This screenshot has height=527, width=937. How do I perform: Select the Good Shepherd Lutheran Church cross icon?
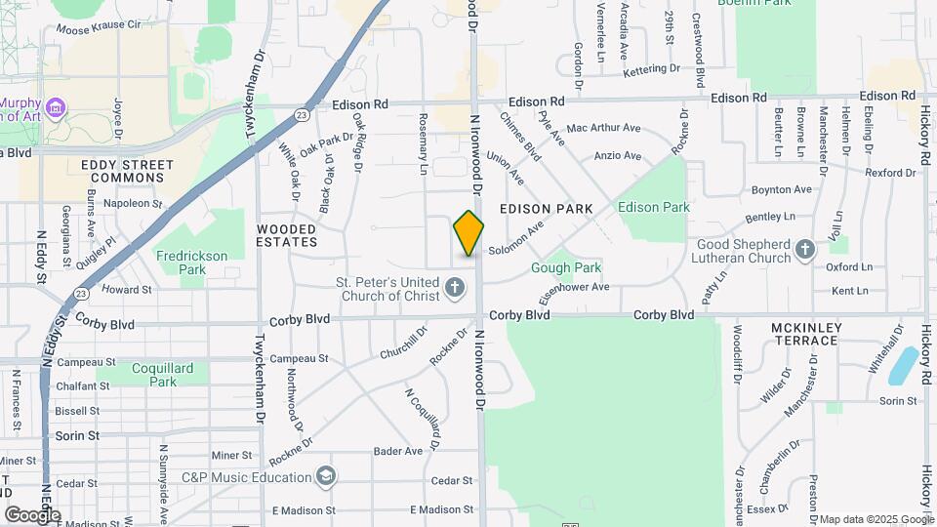click(805, 250)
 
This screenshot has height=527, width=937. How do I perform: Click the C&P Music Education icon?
click(326, 477)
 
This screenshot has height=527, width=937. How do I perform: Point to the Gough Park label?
click(566, 267)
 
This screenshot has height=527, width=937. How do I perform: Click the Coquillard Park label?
click(150, 375)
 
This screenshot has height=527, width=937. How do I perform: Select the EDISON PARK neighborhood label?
click(546, 209)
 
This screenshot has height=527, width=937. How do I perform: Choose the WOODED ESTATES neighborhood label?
click(287, 234)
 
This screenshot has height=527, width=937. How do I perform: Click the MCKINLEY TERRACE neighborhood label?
click(805, 333)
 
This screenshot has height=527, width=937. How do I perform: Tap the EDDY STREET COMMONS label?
click(127, 171)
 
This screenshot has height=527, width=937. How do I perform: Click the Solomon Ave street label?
click(515, 241)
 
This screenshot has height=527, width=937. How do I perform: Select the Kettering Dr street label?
click(651, 69)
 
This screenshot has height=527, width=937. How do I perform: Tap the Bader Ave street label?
click(398, 451)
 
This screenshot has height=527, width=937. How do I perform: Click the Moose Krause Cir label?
click(99, 28)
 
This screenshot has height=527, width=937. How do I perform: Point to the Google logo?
click(32, 514)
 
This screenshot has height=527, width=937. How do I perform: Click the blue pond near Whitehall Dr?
click(904, 365)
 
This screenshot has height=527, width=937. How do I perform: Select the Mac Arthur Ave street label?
click(603, 128)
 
